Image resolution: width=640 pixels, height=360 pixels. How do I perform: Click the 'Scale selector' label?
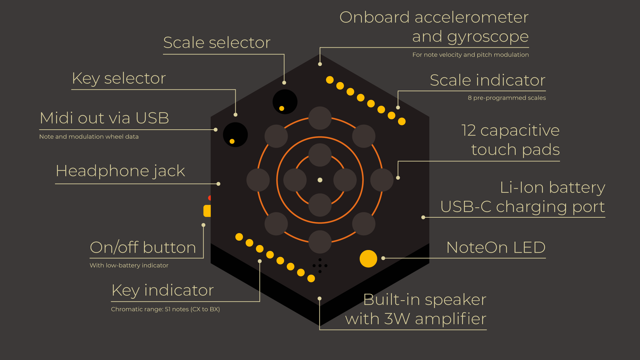point(217,43)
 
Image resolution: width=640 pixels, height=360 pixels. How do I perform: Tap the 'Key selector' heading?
point(119,79)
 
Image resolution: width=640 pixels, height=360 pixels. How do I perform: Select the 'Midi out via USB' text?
point(104,118)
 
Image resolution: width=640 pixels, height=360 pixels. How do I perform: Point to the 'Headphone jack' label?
point(120,171)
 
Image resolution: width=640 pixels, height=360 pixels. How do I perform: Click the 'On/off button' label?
point(143,248)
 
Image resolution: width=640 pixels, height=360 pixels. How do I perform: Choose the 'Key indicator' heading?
point(163,290)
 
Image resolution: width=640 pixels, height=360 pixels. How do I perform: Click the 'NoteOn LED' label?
point(496,248)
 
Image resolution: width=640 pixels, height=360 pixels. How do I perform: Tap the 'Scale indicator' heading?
point(487,80)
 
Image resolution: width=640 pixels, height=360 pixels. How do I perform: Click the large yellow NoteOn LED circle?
point(368,259)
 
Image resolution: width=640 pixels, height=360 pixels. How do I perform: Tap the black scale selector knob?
point(285,101)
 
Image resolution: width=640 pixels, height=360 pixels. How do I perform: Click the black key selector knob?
point(235,134)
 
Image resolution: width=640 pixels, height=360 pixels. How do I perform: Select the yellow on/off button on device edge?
point(207,211)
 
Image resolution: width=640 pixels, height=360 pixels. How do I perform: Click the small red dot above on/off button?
point(210,198)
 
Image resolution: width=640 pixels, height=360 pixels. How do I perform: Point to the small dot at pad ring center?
point(320,180)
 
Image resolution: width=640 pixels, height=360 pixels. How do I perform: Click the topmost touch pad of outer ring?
point(320,118)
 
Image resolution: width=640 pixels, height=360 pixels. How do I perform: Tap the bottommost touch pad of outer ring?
point(320,242)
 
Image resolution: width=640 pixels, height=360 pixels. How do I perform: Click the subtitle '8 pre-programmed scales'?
point(507,98)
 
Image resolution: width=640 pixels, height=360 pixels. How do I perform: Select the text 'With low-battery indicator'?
point(129,266)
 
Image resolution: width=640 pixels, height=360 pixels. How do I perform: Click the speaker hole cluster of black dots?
point(320,266)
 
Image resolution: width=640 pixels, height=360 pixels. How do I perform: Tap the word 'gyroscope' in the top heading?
point(488,37)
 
